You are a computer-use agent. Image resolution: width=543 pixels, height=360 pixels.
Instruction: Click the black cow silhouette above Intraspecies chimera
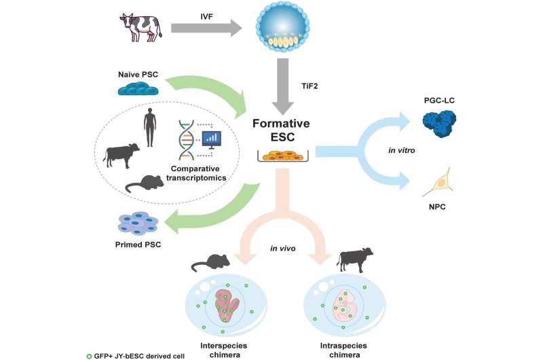tap(357, 259)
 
